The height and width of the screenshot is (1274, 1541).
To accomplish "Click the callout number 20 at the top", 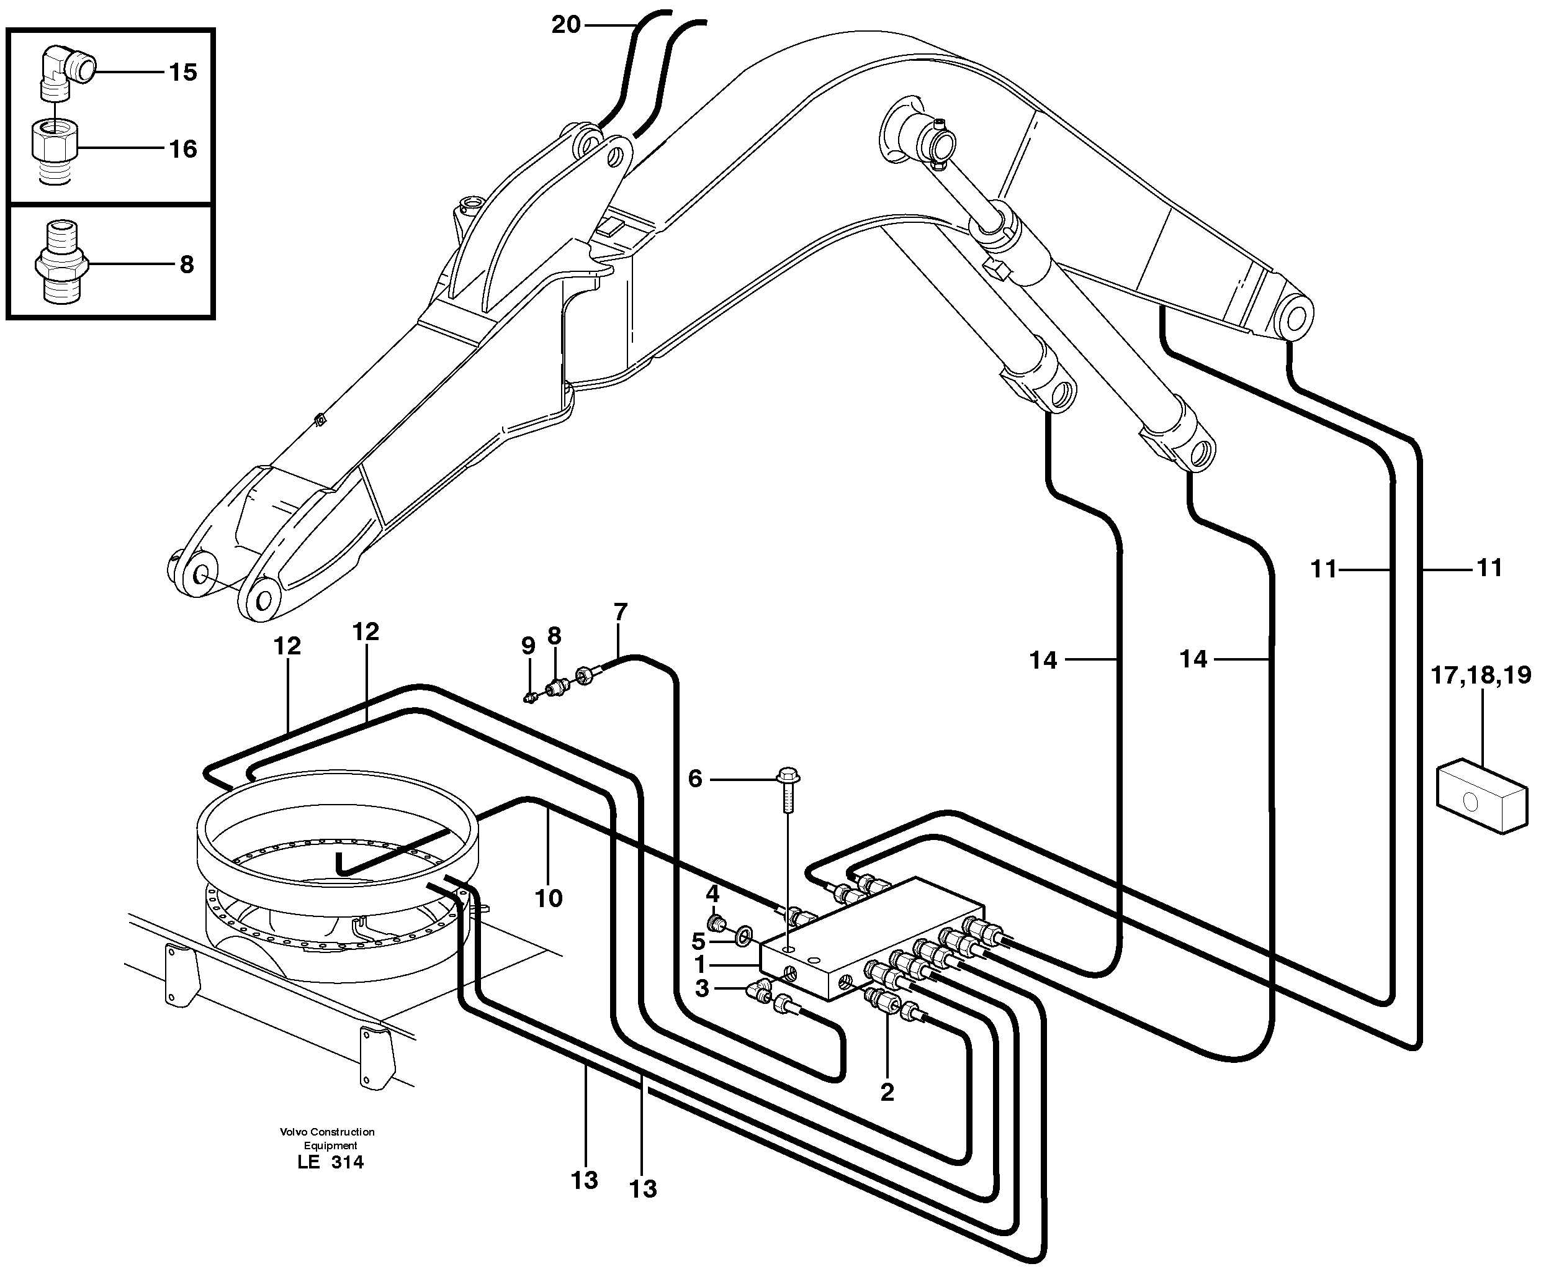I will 565,25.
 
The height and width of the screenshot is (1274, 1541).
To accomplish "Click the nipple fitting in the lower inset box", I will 61,265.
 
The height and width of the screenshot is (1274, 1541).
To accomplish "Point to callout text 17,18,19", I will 1481,674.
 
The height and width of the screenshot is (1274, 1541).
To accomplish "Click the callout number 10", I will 548,898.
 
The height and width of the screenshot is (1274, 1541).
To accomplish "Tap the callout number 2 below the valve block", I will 887,1092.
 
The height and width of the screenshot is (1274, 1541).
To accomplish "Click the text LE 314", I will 331,1162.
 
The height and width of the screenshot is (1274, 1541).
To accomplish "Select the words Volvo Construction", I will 327,1132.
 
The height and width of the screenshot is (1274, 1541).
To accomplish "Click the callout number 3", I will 701,988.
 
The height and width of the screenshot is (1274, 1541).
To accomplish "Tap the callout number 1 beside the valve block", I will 701,964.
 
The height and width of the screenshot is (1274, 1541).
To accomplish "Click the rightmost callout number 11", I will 1489,567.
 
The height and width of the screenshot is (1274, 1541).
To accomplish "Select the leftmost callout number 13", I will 585,1180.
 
